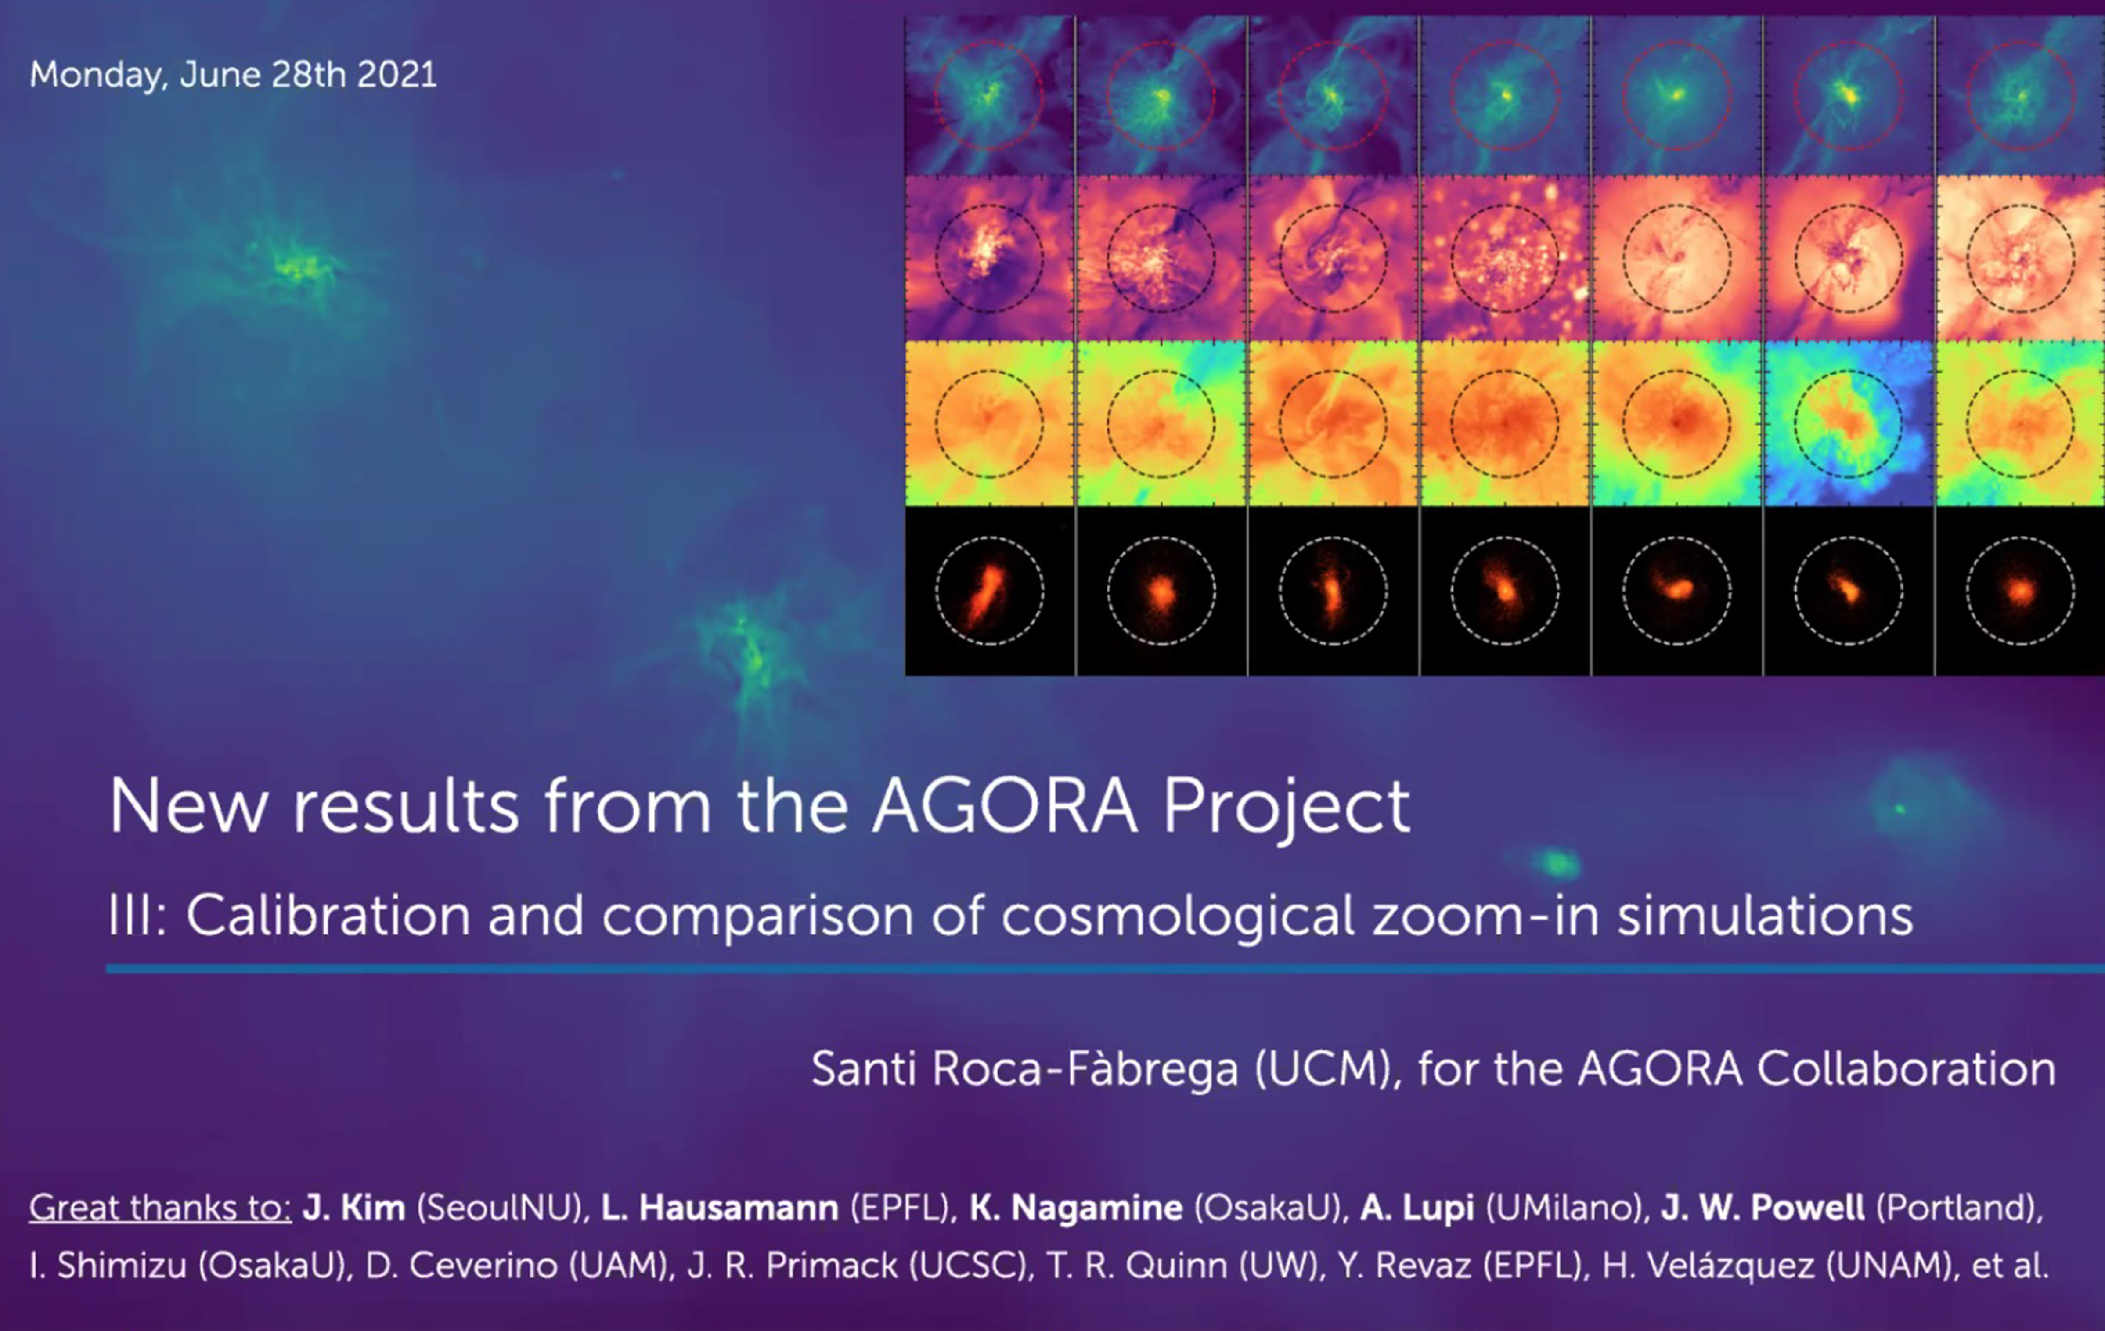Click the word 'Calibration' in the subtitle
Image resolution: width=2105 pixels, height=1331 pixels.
pos(329,916)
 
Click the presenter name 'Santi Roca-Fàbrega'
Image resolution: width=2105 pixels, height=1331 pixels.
pos(1024,1069)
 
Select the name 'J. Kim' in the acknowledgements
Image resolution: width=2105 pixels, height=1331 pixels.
pos(354,1208)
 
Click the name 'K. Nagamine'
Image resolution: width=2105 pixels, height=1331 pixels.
pos(1076,1208)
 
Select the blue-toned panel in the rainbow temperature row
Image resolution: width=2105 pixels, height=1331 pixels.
pos(1848,423)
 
